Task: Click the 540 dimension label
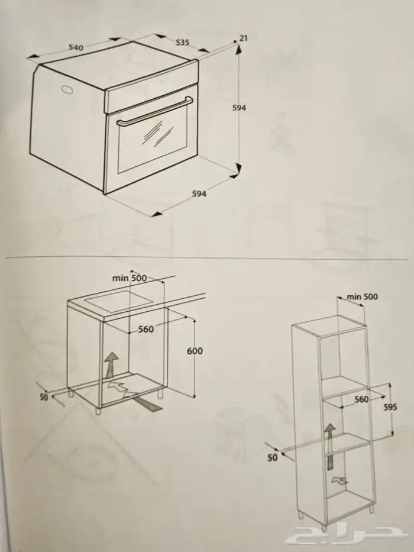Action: point(76,47)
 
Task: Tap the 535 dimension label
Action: point(182,42)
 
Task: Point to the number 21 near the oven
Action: point(243,38)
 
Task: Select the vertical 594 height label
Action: point(239,108)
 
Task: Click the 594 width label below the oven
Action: point(199,193)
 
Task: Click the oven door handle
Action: point(155,111)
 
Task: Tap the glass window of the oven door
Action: point(152,141)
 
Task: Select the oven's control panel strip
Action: point(151,87)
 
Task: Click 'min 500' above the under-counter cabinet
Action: point(129,277)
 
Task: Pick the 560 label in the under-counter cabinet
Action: point(145,329)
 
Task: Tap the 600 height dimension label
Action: point(195,351)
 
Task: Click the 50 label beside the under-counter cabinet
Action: point(44,397)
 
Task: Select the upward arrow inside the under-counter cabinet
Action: point(112,364)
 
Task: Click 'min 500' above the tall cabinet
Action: point(362,297)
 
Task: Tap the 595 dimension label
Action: point(390,407)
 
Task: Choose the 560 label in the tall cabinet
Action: point(361,399)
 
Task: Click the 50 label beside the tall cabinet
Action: point(273,457)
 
